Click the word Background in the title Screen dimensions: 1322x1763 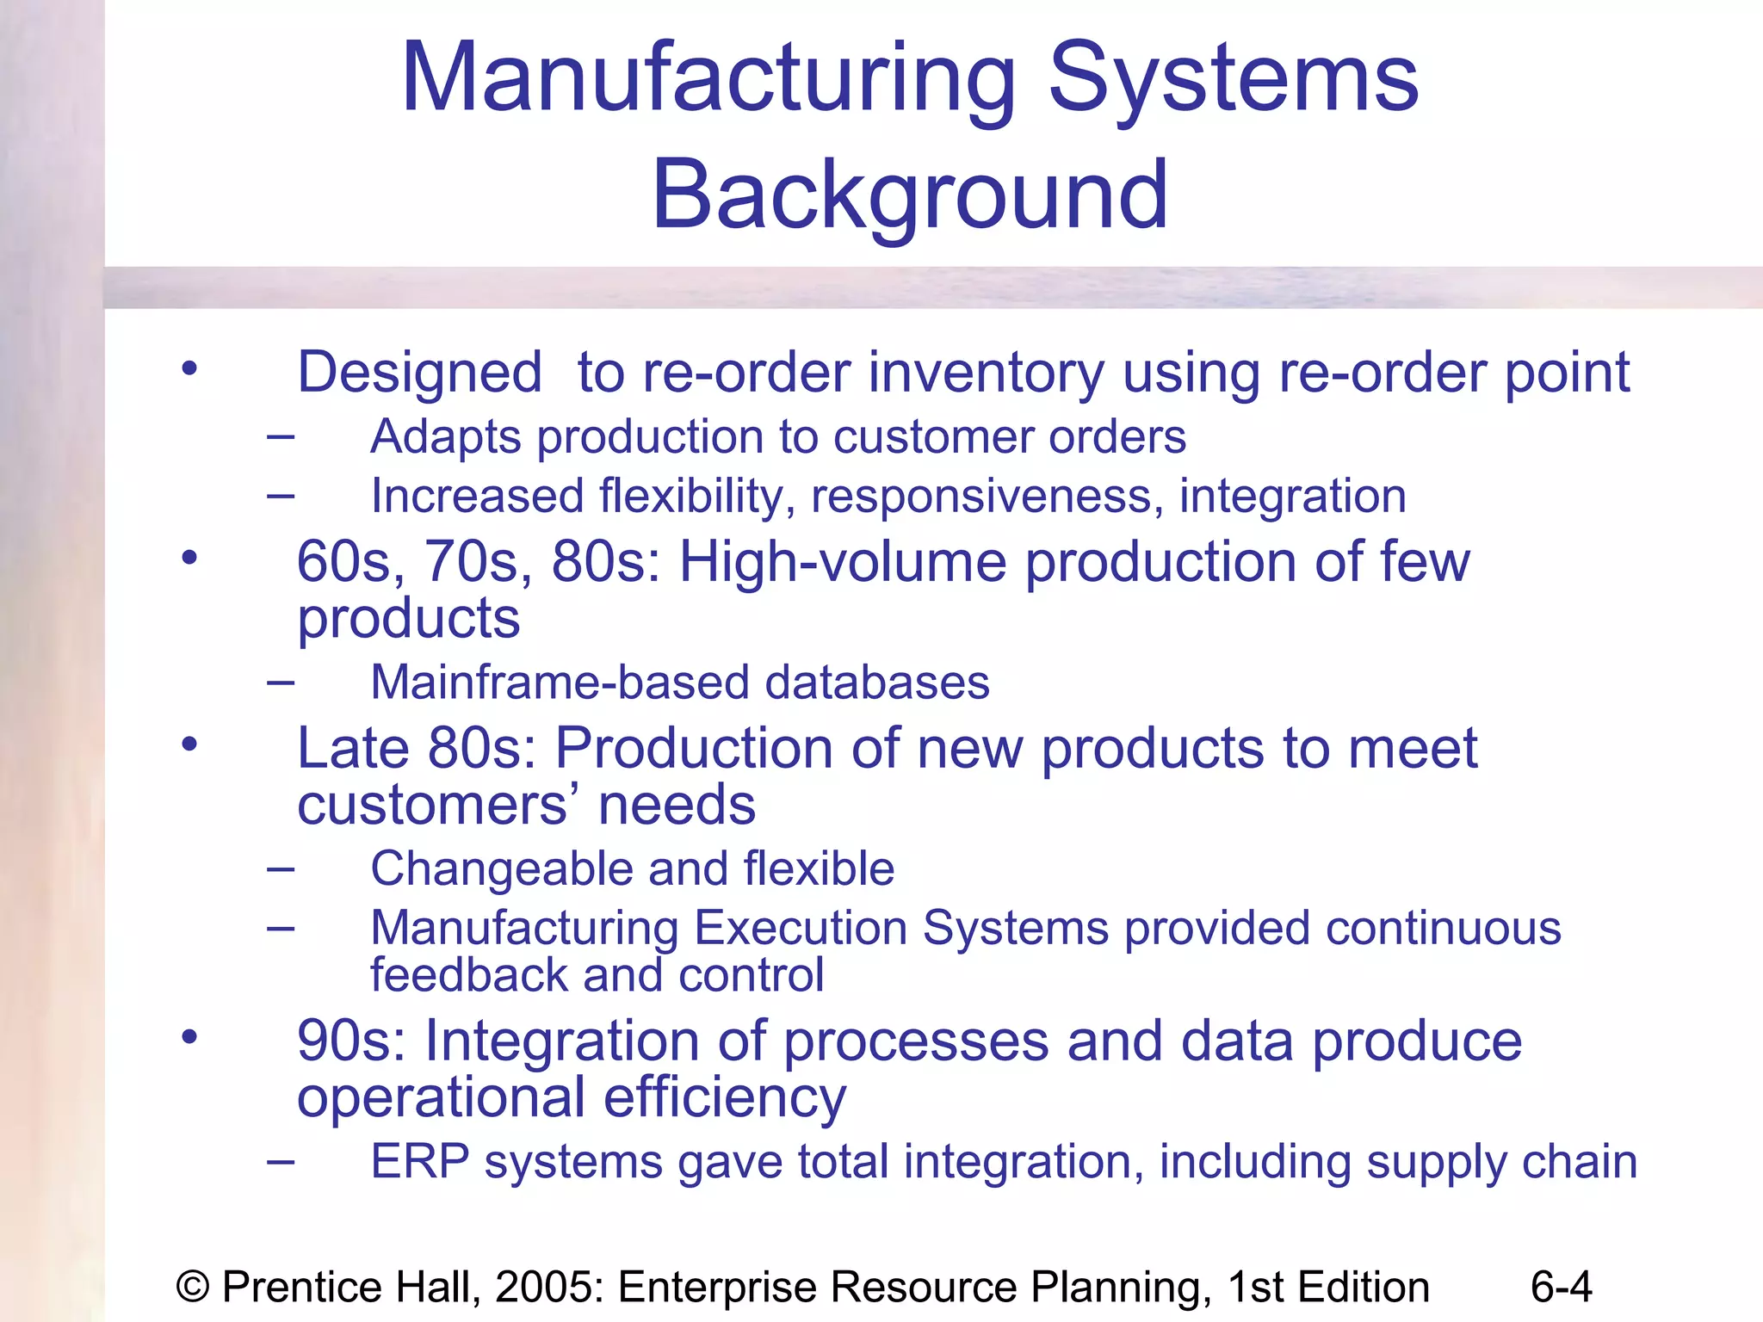pyautogui.click(x=910, y=196)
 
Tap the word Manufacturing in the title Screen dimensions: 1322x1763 pyautogui.click(x=708, y=79)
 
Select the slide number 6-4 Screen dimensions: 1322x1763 pyautogui.click(x=1561, y=1287)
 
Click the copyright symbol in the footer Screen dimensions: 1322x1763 pyautogui.click(x=193, y=1288)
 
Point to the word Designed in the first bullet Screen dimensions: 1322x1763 pyautogui.click(x=419, y=374)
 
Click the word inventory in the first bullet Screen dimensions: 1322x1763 pyautogui.click(x=986, y=374)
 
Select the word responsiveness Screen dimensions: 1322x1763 pyautogui.click(x=987, y=497)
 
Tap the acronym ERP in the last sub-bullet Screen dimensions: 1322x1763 pyautogui.click(x=420, y=1162)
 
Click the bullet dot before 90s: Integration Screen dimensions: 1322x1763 pyautogui.click(x=189, y=1036)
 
